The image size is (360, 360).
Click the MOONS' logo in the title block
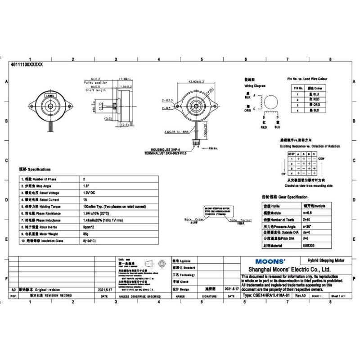tap(270, 261)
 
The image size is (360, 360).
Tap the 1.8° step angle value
tap(85, 186)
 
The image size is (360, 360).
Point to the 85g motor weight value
tap(85, 234)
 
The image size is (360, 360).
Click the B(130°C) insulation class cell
tap(91, 241)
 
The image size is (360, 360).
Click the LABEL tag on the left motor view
tap(50, 96)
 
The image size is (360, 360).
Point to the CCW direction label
tap(321, 159)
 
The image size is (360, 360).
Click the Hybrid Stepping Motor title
tap(326, 261)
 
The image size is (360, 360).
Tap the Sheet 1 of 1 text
tap(341, 296)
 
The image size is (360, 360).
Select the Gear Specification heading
tap(284, 197)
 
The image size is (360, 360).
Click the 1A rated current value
tap(84, 200)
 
